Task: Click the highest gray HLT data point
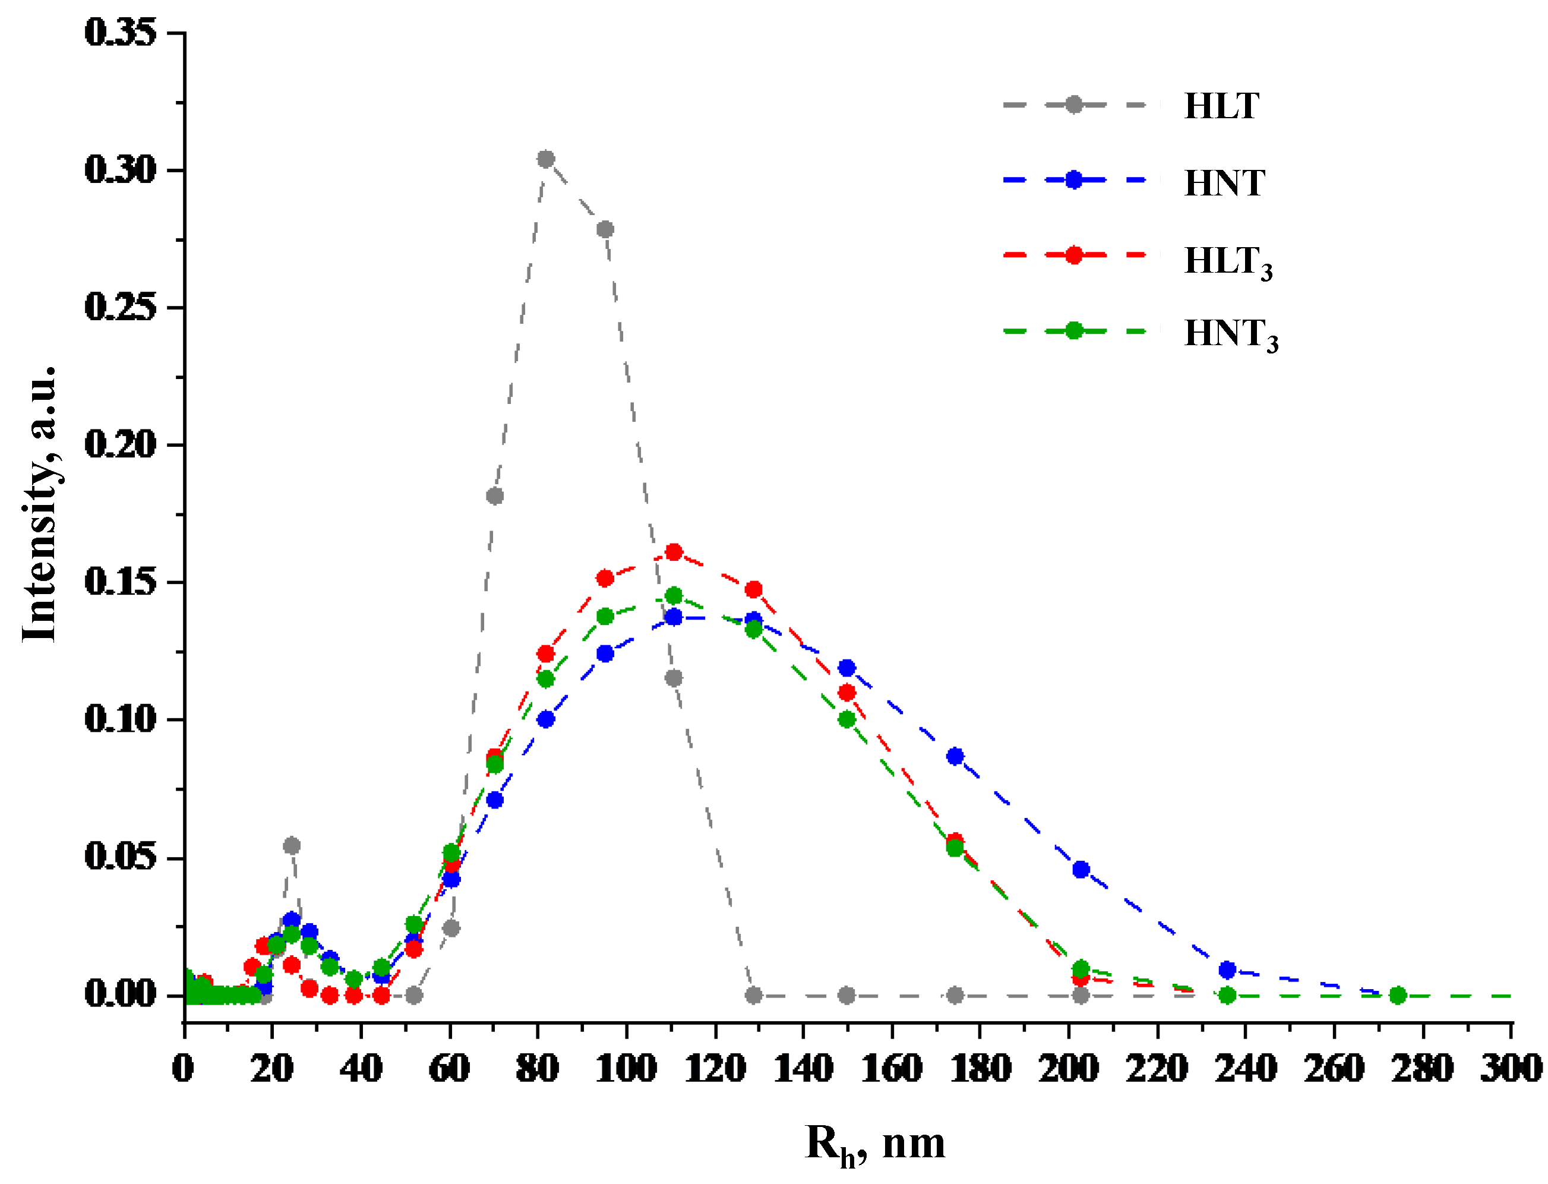click(545, 159)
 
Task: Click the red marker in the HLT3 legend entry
click(1073, 255)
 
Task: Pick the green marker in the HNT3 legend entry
click(1073, 330)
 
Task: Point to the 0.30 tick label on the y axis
click(120, 170)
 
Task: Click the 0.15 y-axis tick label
click(120, 582)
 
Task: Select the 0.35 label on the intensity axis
click(120, 33)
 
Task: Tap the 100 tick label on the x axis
click(625, 1069)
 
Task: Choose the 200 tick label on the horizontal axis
click(1068, 1069)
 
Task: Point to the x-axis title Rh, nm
click(874, 1145)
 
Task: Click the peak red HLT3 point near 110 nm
click(674, 552)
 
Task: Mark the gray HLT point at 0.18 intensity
click(495, 496)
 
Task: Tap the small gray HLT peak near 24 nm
click(292, 845)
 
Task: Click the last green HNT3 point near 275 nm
click(1398, 995)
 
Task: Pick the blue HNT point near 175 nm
click(955, 756)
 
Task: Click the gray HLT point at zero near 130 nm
click(753, 995)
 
